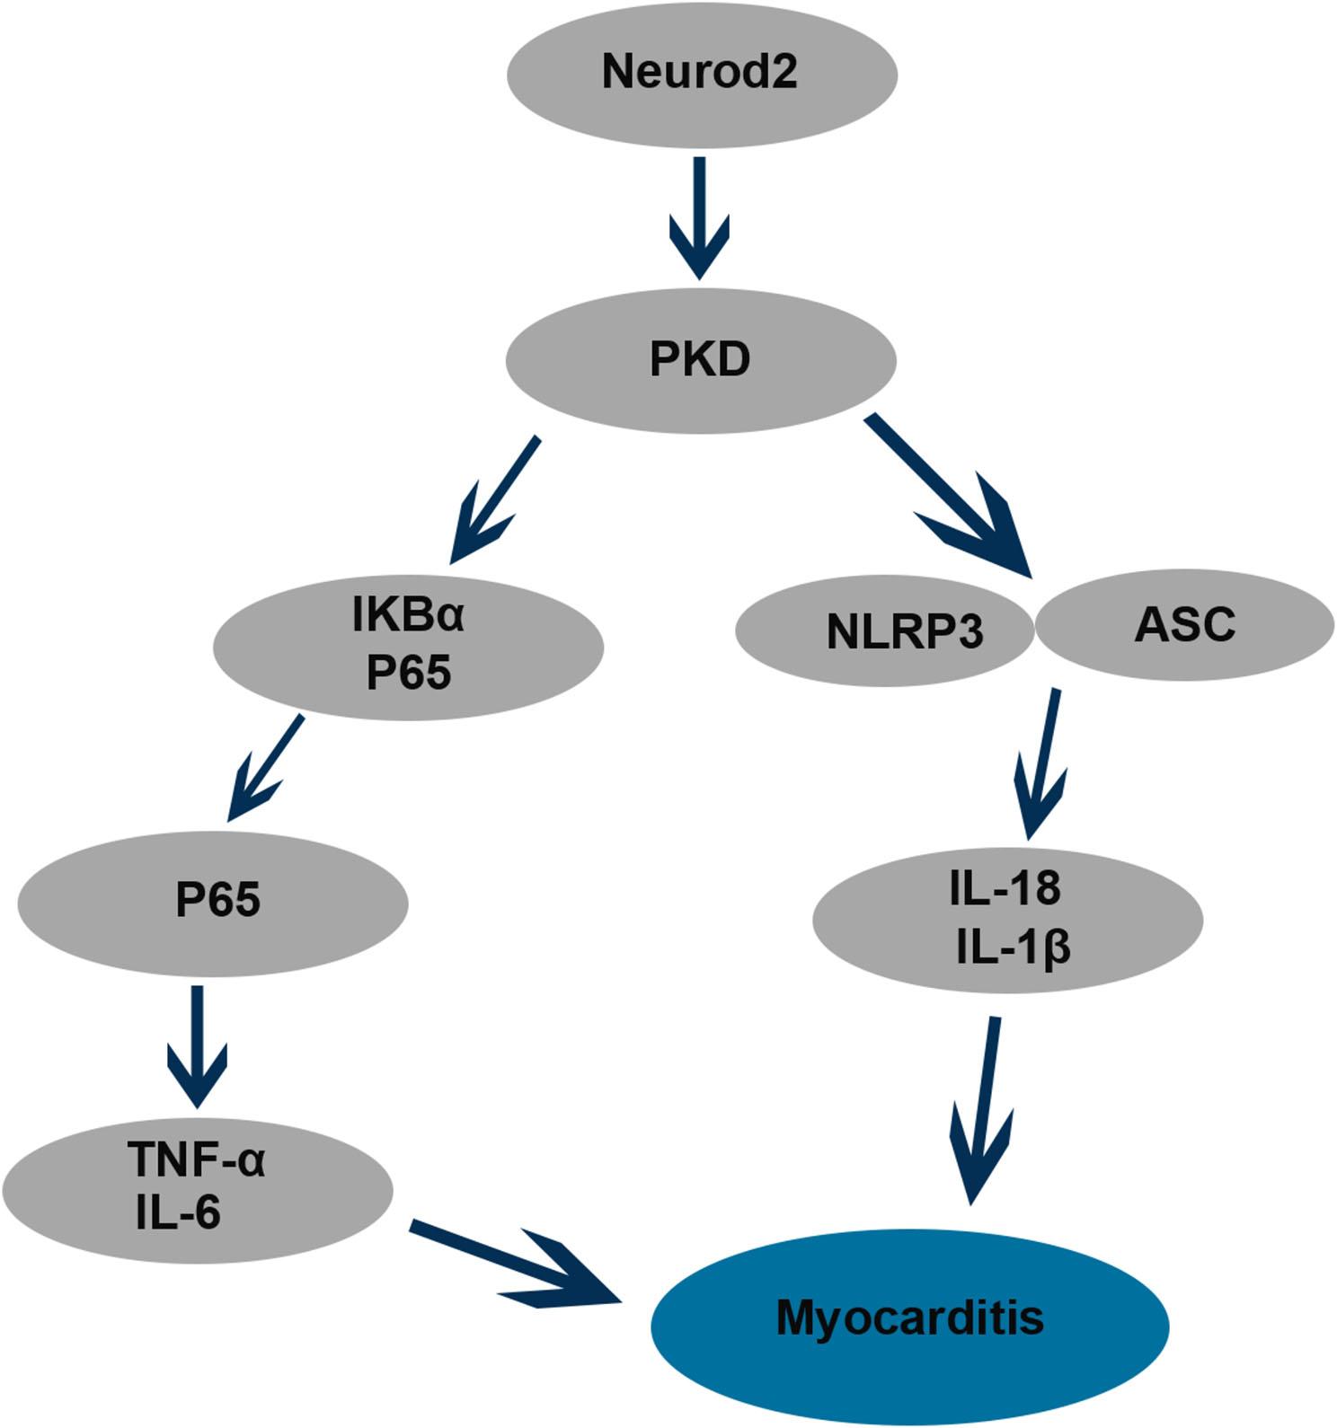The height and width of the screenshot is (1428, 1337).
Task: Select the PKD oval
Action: tap(700, 360)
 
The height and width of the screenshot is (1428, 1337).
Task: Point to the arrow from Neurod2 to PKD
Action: tap(699, 220)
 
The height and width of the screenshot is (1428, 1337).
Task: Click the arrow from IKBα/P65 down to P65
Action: tap(266, 768)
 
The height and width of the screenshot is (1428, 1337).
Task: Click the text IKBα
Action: tap(408, 617)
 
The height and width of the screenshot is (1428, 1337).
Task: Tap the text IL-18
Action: tap(1005, 888)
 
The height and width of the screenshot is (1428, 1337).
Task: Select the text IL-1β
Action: tap(1014, 948)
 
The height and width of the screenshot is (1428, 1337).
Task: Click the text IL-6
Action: tap(178, 1213)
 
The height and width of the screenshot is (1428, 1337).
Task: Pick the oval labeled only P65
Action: tap(212, 902)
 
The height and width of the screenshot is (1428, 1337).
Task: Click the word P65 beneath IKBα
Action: tap(408, 673)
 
